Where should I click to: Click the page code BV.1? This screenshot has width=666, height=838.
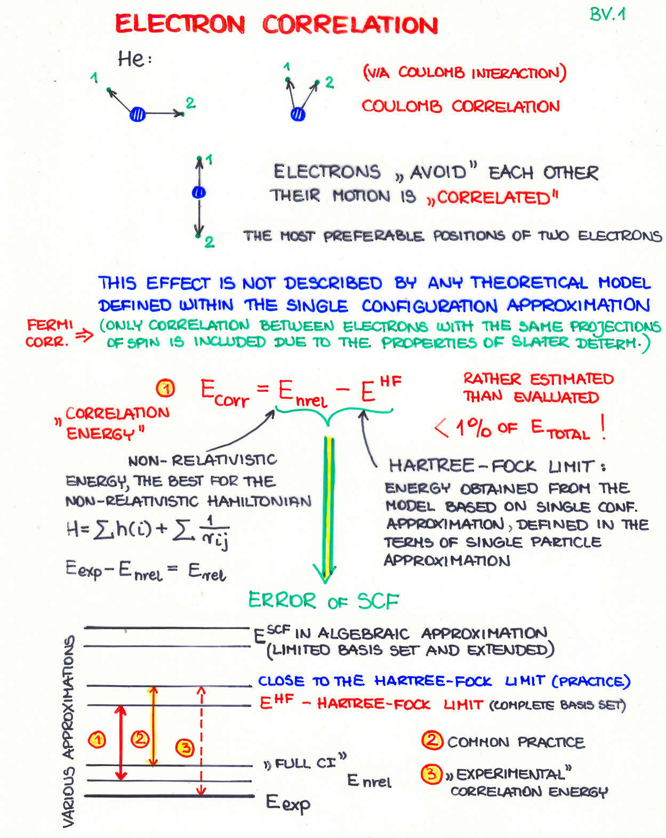[x=607, y=14]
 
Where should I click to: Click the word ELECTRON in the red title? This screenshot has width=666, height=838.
[x=180, y=25]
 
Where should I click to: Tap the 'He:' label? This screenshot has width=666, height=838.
[x=134, y=59]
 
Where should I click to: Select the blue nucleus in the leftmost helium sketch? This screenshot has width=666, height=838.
[x=138, y=114]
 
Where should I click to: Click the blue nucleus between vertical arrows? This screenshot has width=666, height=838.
[x=199, y=192]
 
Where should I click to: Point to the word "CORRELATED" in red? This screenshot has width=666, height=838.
[x=493, y=198]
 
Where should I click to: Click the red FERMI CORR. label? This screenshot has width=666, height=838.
[x=49, y=333]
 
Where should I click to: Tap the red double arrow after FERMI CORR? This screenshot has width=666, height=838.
[x=84, y=335]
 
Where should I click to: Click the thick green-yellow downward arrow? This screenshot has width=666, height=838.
[x=329, y=506]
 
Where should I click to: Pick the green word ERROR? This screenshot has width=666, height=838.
[x=282, y=600]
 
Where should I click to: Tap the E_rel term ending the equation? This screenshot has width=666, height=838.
[x=207, y=573]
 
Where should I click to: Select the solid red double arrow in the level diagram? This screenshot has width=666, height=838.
[x=122, y=742]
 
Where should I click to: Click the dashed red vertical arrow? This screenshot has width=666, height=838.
[x=201, y=741]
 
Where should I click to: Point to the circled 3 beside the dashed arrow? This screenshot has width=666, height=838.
[x=185, y=747]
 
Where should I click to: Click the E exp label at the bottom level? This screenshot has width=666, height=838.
[x=288, y=803]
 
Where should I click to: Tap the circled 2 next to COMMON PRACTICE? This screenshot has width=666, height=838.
[x=432, y=740]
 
